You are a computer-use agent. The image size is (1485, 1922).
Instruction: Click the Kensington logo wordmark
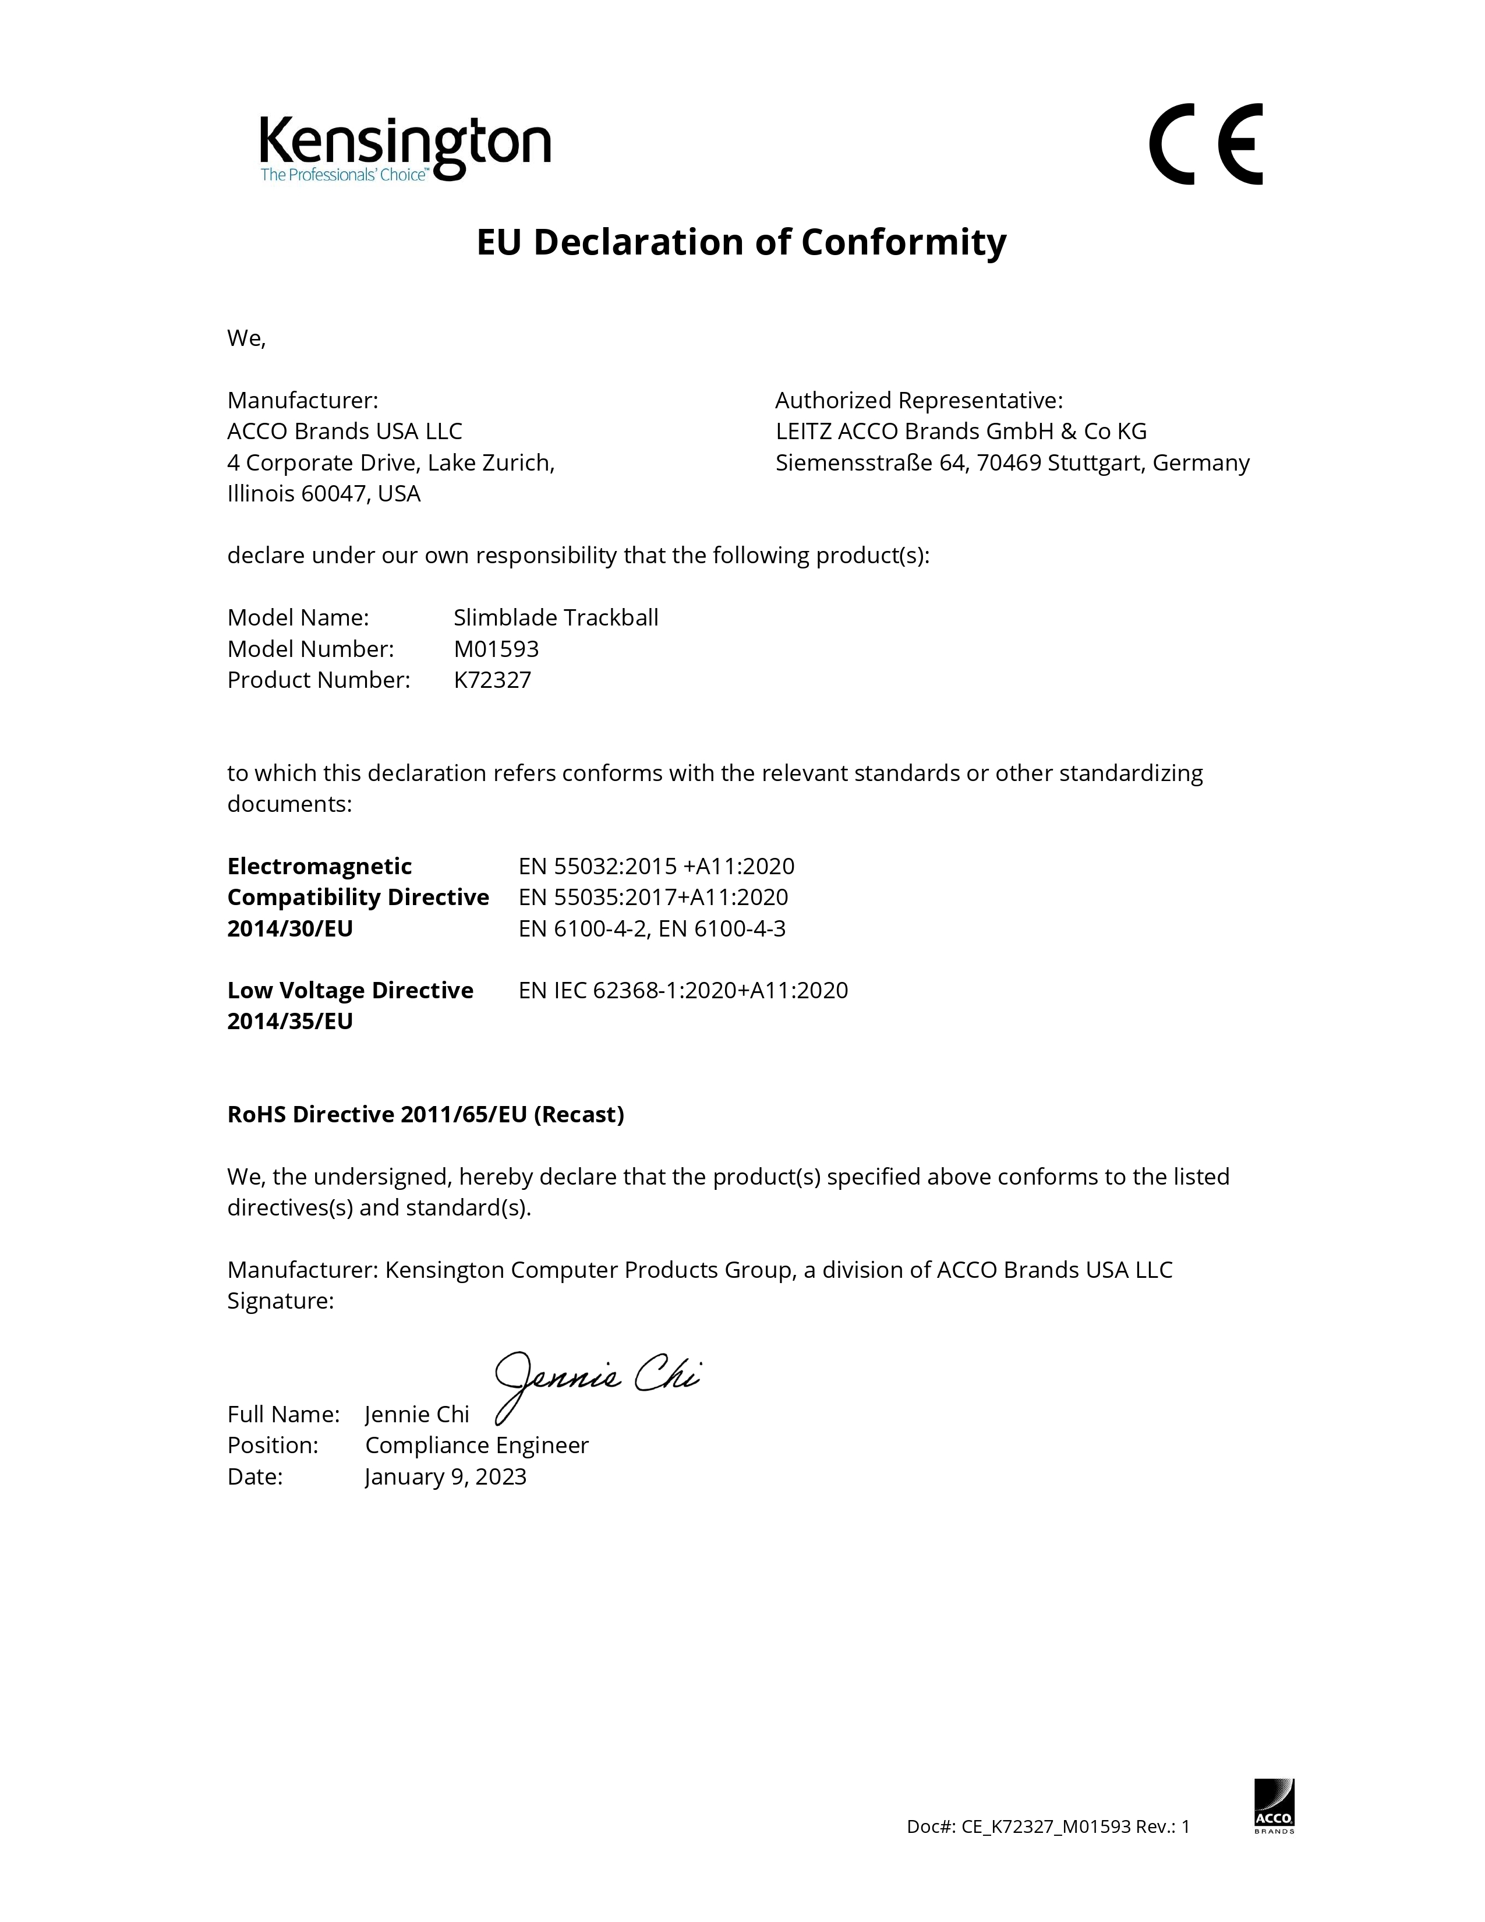click(405, 143)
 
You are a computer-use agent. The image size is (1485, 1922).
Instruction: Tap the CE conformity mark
click(1206, 144)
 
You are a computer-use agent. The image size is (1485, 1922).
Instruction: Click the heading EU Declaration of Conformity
click(741, 242)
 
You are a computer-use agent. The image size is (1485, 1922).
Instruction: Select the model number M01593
click(496, 649)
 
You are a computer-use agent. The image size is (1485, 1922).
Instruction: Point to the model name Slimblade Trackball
click(556, 618)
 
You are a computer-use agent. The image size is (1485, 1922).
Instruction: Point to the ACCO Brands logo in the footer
click(1273, 1804)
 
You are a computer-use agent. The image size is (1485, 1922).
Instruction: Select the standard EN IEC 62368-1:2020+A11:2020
click(684, 990)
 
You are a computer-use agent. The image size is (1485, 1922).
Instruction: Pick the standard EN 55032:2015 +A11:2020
click(656, 866)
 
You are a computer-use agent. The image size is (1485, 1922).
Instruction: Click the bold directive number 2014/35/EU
click(291, 1021)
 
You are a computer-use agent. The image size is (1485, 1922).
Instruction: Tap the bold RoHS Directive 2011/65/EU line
click(426, 1114)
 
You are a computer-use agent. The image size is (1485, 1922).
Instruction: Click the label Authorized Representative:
click(918, 401)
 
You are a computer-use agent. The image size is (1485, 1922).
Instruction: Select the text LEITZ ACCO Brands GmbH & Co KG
click(961, 431)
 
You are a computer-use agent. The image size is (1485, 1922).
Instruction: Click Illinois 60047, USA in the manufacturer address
click(324, 494)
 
